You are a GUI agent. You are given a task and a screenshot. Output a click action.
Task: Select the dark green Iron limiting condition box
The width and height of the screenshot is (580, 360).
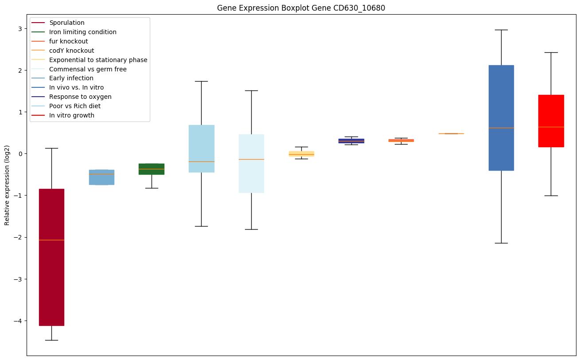coord(152,169)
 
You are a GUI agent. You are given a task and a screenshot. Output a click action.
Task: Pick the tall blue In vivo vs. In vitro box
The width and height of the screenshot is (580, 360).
coord(501,117)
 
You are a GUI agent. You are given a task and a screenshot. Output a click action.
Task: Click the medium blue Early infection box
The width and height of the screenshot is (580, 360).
coord(101,177)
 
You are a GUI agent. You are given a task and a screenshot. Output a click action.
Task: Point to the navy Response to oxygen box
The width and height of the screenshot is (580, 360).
coord(351,141)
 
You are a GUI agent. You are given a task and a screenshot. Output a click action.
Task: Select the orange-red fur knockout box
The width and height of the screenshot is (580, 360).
coord(401,140)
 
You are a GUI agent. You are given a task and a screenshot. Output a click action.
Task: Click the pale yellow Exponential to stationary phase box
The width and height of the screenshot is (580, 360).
coord(301,153)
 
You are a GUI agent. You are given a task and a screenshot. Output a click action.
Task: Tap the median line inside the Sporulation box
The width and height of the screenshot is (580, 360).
coord(51,240)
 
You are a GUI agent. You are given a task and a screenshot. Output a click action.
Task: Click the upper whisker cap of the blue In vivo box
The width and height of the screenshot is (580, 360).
coord(501,30)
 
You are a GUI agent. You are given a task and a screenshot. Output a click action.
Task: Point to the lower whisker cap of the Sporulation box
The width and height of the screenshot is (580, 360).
coord(51,340)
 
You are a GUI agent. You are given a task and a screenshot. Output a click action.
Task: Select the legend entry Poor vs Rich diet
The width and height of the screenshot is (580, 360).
coord(74,106)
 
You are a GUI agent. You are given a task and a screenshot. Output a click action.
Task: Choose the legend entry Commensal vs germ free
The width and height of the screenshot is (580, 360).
coord(88,69)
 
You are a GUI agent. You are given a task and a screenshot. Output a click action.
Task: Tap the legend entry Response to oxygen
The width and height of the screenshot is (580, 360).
coord(80,97)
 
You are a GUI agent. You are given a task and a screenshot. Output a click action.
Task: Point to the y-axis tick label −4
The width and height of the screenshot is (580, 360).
coord(19,321)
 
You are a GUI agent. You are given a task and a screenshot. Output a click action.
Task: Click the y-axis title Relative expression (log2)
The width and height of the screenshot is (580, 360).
coord(7,185)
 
